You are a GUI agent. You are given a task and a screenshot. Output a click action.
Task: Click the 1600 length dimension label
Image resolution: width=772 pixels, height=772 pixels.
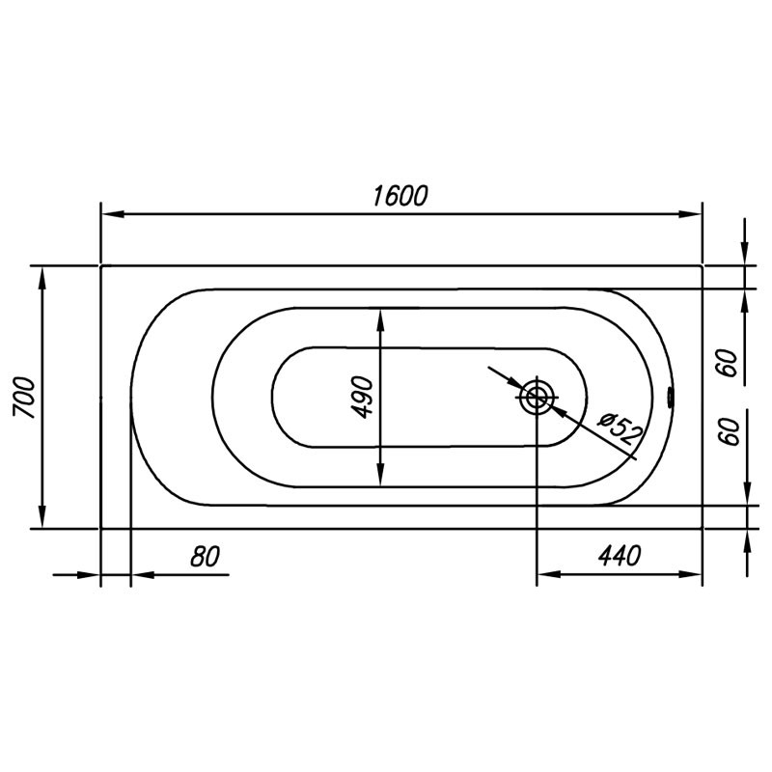click(x=400, y=196)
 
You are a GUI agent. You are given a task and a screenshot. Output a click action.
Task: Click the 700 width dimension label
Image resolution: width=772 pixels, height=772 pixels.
click(x=25, y=398)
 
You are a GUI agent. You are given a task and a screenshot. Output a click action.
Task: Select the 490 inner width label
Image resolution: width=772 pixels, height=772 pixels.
click(x=364, y=398)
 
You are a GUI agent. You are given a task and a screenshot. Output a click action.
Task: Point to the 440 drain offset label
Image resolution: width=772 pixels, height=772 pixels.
click(x=620, y=556)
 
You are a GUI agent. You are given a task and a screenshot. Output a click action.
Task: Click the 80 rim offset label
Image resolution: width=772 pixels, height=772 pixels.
click(x=205, y=557)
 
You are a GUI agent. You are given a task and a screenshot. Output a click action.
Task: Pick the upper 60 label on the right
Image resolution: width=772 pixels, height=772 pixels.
click(x=729, y=363)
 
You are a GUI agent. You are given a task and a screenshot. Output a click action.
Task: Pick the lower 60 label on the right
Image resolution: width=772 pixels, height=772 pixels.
click(x=729, y=431)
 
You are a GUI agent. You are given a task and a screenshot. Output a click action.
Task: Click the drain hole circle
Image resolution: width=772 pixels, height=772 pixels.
click(x=537, y=397)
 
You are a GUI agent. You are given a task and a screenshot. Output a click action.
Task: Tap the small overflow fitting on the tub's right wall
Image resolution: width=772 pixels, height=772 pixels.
click(x=670, y=398)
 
